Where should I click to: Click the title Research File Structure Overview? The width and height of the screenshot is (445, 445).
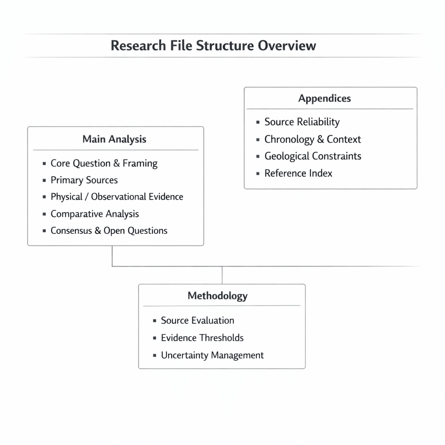[213, 45]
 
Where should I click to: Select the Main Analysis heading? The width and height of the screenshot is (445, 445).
[114, 139]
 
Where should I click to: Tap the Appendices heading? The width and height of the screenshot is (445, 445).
[324, 98]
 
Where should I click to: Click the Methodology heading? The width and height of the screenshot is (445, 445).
[217, 296]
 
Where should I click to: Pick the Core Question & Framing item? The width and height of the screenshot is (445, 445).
[104, 163]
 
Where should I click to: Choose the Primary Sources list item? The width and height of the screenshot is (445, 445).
[84, 180]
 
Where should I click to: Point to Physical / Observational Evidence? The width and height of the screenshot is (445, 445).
[116, 196]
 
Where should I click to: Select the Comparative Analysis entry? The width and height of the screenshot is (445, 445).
[95, 214]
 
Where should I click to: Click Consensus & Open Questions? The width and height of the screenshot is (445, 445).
[109, 230]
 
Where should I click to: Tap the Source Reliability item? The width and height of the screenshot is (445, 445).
[302, 122]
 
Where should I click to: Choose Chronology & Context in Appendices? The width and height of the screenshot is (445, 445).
[312, 139]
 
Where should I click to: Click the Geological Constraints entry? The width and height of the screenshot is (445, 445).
[312, 156]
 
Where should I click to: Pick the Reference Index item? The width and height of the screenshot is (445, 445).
[298, 173]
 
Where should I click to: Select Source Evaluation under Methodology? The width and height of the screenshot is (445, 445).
[197, 321]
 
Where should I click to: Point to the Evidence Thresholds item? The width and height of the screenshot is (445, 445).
[202, 338]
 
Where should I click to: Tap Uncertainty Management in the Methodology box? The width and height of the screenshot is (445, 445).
[212, 355]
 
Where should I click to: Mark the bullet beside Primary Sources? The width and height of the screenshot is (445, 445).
[44, 180]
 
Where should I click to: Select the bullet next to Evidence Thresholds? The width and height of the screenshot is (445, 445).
[154, 338]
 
